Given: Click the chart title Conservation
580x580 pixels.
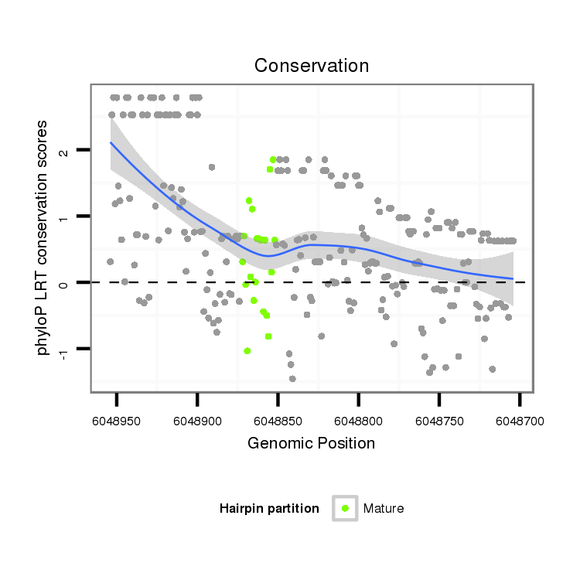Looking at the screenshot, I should point(312,66).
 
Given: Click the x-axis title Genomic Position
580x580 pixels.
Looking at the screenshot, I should point(312,443).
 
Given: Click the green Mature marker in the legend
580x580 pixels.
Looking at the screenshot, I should point(345,508).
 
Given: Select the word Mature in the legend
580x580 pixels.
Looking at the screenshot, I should point(384,508).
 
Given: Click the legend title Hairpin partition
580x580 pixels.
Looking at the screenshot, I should point(269,508).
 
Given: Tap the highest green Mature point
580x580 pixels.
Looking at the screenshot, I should point(273,159).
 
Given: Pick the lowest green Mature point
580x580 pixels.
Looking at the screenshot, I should point(247,350).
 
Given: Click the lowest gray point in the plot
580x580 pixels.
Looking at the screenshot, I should point(292,378).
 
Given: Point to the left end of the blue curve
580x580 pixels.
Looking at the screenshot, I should point(111,143).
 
